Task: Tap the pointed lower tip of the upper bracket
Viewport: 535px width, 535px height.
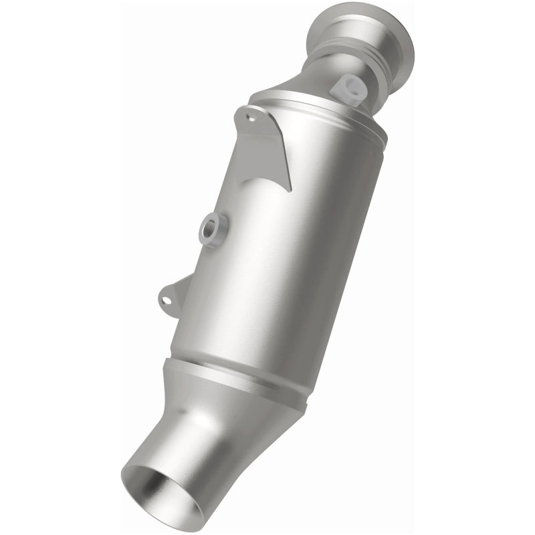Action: point(289,189)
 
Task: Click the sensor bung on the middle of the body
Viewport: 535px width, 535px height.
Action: point(213,229)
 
